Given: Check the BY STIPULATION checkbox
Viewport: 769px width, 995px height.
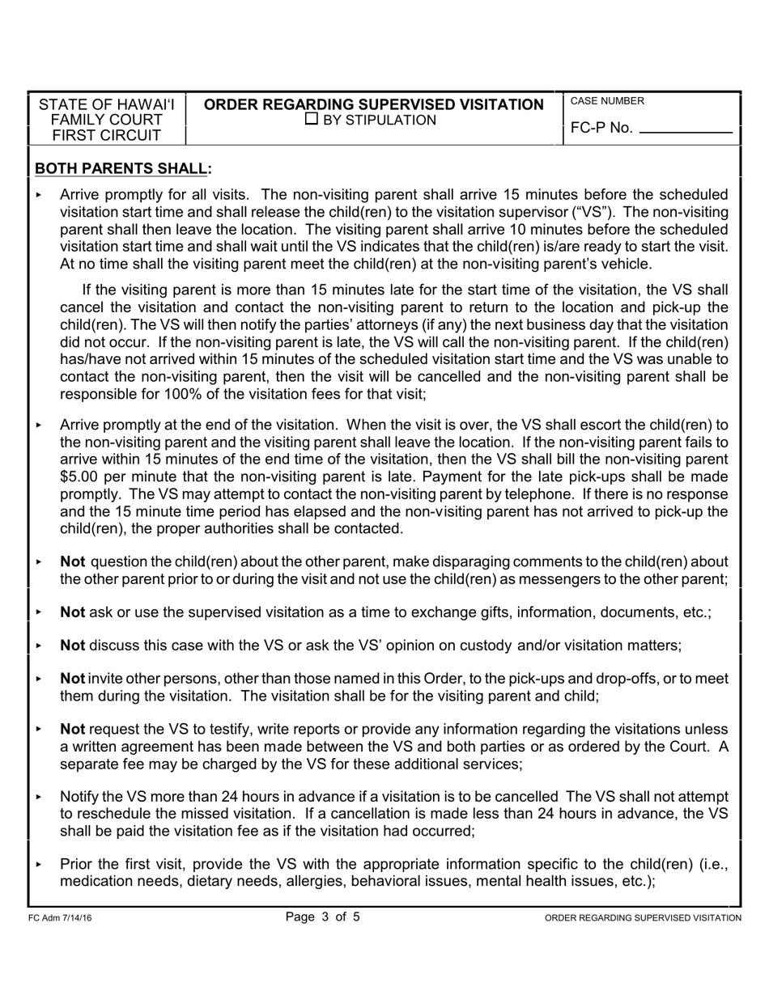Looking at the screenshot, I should point(312,120).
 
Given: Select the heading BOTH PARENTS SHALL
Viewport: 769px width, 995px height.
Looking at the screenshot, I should point(123,168).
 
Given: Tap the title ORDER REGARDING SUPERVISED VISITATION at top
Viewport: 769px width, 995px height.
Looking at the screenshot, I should point(373,104).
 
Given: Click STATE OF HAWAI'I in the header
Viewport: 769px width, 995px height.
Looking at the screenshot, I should point(107,104).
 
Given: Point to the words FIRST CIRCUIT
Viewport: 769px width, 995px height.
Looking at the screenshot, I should point(107,136).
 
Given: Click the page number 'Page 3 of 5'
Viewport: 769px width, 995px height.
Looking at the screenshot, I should point(322,917).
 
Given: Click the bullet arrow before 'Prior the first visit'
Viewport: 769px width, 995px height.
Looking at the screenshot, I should point(38,865).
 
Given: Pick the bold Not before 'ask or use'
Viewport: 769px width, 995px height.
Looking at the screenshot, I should point(72,612).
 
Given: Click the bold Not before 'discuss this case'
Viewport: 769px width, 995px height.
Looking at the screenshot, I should point(72,646).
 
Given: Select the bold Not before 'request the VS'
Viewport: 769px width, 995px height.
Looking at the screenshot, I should point(72,729).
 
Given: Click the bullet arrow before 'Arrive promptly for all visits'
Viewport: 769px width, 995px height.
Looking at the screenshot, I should point(38,195).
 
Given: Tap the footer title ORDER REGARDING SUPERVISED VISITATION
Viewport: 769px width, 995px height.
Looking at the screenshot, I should point(643,918).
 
